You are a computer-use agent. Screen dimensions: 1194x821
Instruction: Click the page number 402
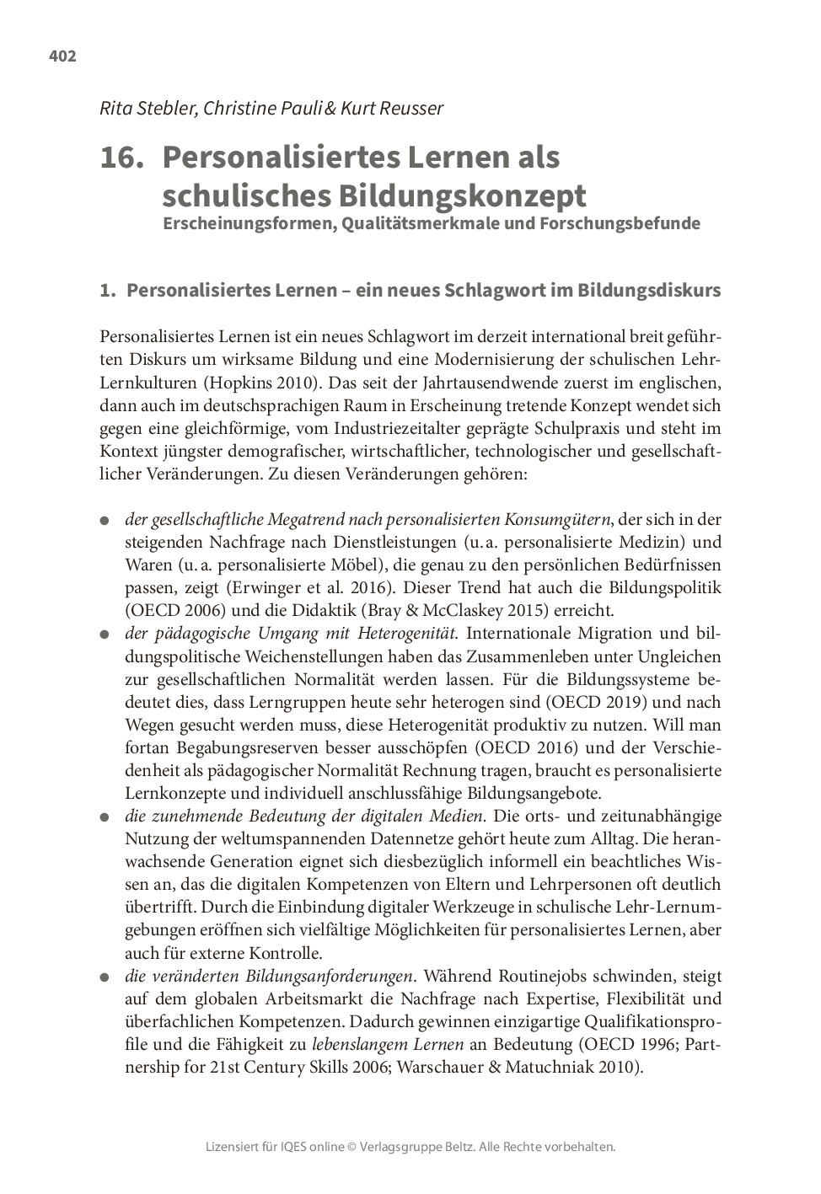coord(62,56)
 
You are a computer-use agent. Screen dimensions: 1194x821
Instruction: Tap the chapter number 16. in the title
coord(122,158)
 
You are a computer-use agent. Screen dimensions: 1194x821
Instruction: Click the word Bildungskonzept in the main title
coord(459,195)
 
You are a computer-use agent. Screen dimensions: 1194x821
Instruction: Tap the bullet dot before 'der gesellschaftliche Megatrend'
coord(105,521)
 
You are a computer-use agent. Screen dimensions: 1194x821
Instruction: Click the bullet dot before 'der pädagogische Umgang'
coord(105,634)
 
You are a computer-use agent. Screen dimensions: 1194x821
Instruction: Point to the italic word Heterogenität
coord(412,633)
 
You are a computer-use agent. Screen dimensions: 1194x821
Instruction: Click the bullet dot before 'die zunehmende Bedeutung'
coord(105,817)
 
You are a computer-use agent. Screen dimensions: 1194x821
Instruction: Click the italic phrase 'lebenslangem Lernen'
coord(388,1045)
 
